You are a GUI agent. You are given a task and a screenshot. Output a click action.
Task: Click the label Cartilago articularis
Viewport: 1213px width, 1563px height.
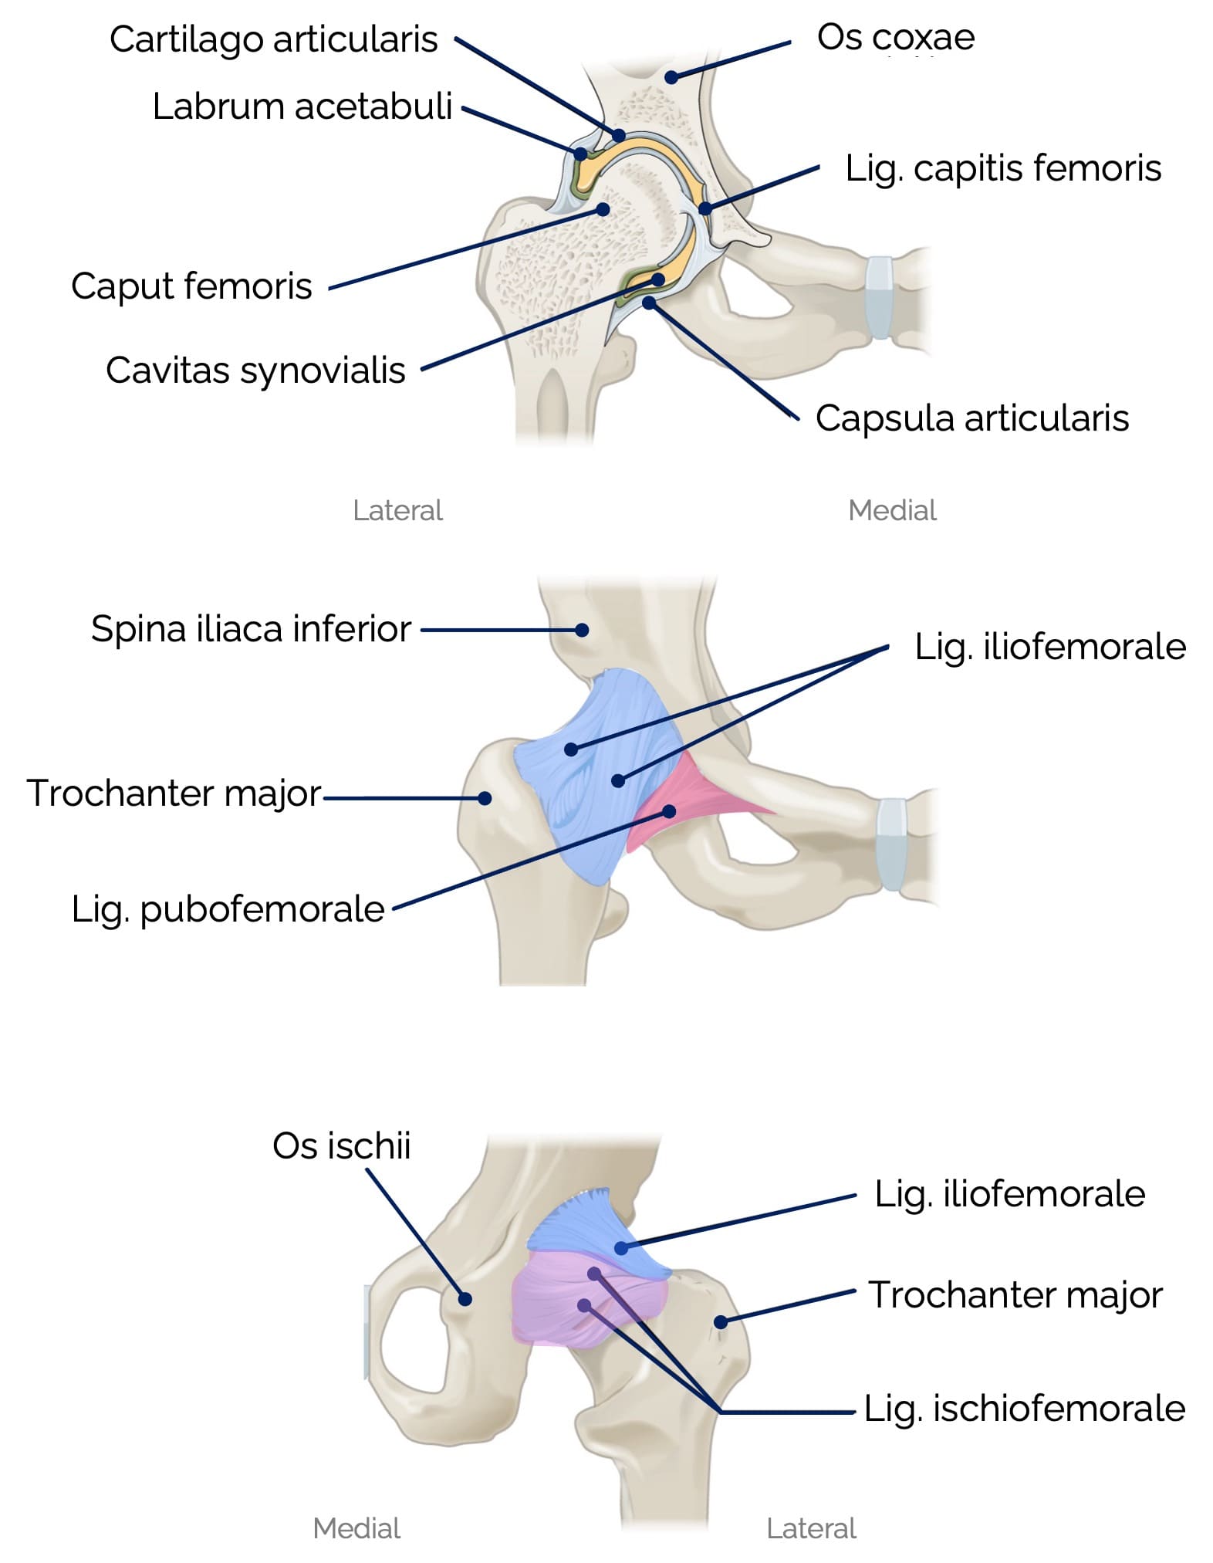[273, 39]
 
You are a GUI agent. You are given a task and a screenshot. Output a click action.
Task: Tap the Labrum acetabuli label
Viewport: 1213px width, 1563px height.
[302, 106]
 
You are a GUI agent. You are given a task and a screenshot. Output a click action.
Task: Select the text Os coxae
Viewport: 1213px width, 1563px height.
[895, 37]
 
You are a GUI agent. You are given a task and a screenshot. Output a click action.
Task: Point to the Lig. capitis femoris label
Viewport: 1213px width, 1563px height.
[1002, 167]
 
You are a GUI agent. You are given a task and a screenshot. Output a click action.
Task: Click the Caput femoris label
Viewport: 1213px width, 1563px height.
[191, 286]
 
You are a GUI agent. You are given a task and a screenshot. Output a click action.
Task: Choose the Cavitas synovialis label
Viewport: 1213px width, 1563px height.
[255, 370]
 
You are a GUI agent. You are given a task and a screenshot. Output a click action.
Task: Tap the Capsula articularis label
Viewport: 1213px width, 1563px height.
[971, 418]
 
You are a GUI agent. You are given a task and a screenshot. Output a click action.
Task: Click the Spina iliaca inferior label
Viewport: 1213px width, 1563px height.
[251, 629]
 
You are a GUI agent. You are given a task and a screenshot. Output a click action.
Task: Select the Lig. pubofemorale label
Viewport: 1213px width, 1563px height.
[228, 908]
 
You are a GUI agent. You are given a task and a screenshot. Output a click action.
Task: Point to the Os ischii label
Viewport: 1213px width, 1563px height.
[341, 1145]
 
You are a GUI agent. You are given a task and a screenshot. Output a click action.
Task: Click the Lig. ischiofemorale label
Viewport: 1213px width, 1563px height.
[1024, 1408]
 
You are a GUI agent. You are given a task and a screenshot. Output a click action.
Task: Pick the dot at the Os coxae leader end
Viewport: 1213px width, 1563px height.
[671, 77]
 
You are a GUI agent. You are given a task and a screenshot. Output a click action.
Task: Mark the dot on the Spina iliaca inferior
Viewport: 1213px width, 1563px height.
[583, 630]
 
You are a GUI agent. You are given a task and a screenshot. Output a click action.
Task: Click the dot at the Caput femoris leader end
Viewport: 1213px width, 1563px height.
[603, 208]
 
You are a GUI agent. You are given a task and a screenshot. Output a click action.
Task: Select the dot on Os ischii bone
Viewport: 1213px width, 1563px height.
[465, 1298]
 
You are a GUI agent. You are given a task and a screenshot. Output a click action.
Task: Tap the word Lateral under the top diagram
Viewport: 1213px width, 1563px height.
[397, 510]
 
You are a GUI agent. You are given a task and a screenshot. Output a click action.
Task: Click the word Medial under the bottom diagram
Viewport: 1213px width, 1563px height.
[356, 1528]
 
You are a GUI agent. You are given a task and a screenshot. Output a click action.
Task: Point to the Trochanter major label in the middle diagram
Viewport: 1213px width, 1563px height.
[174, 793]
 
